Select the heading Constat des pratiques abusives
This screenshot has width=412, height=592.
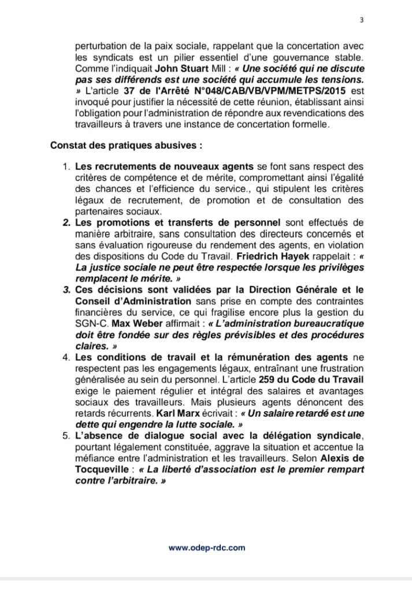click(x=126, y=145)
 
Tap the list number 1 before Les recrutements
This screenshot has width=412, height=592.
click(x=66, y=167)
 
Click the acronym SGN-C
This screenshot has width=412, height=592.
click(x=92, y=323)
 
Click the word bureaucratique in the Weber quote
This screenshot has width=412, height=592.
click(x=329, y=323)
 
